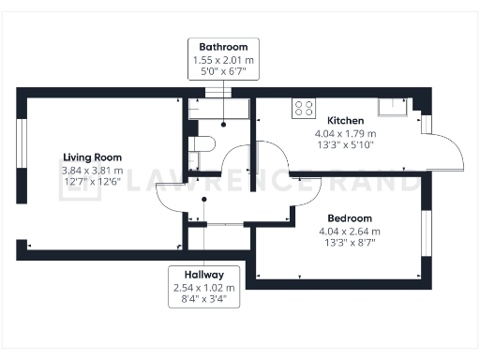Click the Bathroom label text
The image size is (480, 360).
point(223,47)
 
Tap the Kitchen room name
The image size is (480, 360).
point(345,121)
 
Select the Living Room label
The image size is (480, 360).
point(92,157)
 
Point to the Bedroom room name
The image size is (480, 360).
point(349,217)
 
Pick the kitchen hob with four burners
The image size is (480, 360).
point(303,108)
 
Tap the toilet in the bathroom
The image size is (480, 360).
point(201,143)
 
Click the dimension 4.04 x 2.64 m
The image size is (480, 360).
point(349,231)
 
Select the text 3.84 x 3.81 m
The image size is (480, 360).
point(92,170)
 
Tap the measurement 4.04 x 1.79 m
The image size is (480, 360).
point(345,133)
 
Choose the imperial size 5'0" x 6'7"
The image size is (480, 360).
point(223,70)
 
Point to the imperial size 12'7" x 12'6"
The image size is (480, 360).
point(92,182)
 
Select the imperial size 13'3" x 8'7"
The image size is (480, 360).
point(349,243)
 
